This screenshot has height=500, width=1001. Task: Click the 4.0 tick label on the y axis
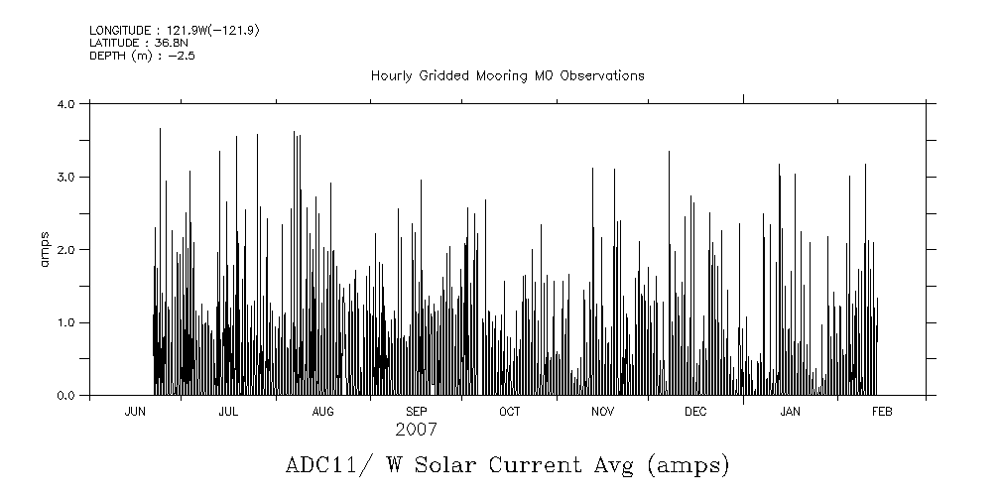click(x=67, y=103)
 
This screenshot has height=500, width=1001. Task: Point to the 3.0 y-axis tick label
click(x=67, y=177)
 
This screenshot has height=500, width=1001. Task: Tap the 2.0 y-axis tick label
click(x=67, y=249)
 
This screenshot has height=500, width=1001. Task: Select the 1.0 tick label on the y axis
click(x=67, y=322)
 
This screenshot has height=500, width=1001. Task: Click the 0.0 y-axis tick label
click(x=67, y=396)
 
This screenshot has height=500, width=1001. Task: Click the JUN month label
click(x=135, y=412)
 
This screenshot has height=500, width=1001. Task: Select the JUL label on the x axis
click(x=228, y=412)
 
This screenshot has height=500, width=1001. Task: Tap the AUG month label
click(x=322, y=412)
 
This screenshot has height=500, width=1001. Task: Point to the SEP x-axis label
click(x=416, y=412)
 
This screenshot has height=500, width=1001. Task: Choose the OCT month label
click(x=509, y=412)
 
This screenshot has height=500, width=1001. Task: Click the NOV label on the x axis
click(x=602, y=412)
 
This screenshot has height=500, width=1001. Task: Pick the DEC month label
click(x=695, y=412)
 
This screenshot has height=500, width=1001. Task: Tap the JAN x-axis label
click(x=790, y=412)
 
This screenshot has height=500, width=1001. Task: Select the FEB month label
click(x=881, y=412)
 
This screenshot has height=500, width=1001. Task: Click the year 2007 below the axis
click(x=416, y=430)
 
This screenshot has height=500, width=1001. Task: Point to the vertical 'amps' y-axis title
click(x=45, y=249)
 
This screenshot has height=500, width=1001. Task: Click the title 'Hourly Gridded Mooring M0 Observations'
click(x=507, y=75)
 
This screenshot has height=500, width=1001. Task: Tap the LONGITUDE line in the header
click(x=175, y=31)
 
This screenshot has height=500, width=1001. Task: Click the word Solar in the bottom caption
click(x=521, y=464)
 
